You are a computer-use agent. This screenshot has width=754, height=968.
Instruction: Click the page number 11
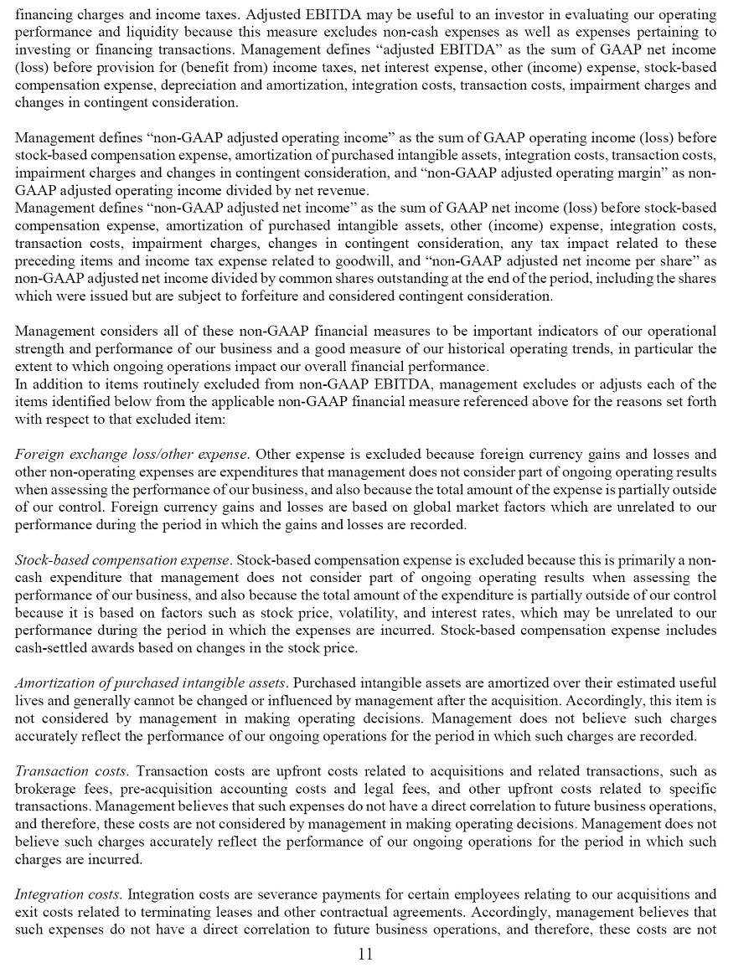[365, 954]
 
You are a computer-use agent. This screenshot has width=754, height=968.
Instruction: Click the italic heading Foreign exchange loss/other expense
[132, 455]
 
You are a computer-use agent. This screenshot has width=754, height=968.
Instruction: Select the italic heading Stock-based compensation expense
[122, 559]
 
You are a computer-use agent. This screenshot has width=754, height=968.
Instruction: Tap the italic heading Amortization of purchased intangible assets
[151, 683]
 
